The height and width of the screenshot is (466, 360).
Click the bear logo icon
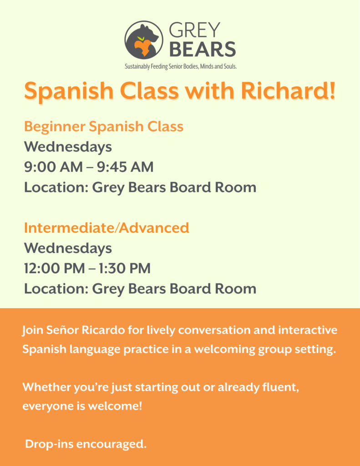point(144,40)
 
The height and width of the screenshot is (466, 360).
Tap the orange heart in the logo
point(143,47)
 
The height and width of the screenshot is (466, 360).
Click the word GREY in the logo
point(195,30)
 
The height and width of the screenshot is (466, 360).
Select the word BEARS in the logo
point(203,49)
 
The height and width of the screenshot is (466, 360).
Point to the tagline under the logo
point(181,66)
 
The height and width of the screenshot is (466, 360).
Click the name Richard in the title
point(288,91)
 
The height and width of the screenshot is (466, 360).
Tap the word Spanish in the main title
point(69,91)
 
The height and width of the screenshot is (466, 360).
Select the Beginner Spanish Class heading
point(104,127)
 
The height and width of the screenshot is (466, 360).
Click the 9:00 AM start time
point(54,167)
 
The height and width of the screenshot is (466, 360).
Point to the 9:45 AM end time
point(125,167)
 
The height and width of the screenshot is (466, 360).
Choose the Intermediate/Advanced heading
point(106,228)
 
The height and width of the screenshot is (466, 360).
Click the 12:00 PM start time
point(55,268)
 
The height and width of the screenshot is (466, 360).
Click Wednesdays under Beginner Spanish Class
point(68,147)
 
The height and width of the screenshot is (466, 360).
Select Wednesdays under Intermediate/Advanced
point(68,248)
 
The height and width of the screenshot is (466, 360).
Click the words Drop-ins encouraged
point(86,444)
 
